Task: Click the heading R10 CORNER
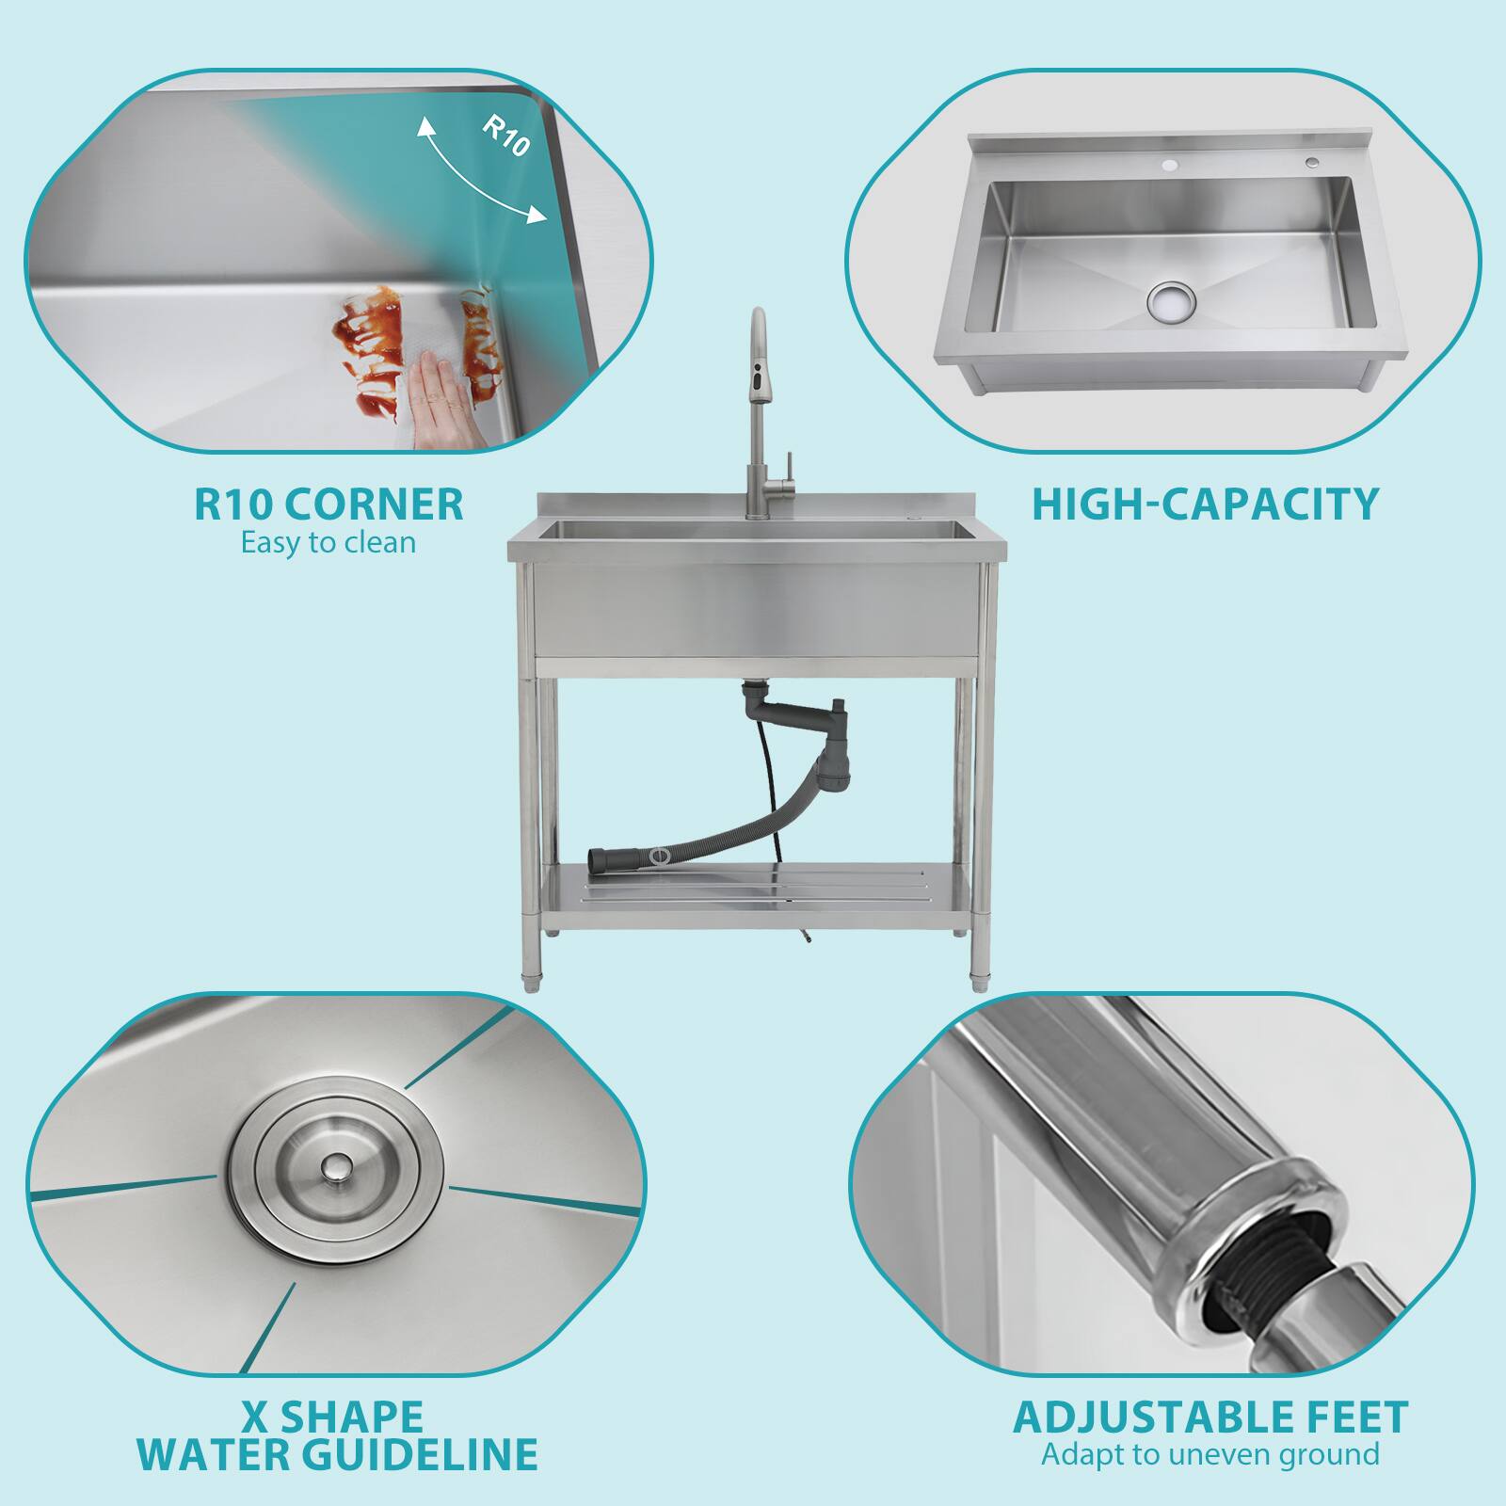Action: coord(328,504)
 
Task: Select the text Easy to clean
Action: coord(328,543)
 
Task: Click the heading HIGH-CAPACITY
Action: coord(1205,504)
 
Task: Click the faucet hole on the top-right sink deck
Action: coord(1170,167)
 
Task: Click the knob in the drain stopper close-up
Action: coord(332,1168)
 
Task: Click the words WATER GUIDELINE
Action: coord(337,1454)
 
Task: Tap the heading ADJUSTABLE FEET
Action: coord(1210,1418)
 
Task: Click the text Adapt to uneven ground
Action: coord(1210,1454)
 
